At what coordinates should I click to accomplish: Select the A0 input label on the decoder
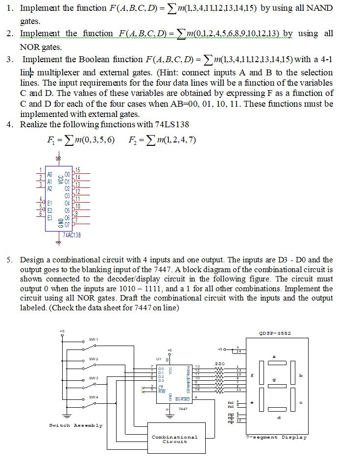(x=49, y=174)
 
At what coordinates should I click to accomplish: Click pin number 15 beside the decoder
(x=77, y=169)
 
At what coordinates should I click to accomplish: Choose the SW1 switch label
(x=93, y=339)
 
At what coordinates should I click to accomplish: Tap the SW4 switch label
(x=93, y=396)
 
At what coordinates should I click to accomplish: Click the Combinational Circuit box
(x=174, y=439)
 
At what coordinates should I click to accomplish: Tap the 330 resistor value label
(x=219, y=363)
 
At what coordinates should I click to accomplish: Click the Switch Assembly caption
(x=76, y=425)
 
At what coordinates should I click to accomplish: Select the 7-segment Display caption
(x=276, y=437)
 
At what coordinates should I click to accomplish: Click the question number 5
(x=9, y=259)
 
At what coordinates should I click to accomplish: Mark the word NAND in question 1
(x=321, y=8)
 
